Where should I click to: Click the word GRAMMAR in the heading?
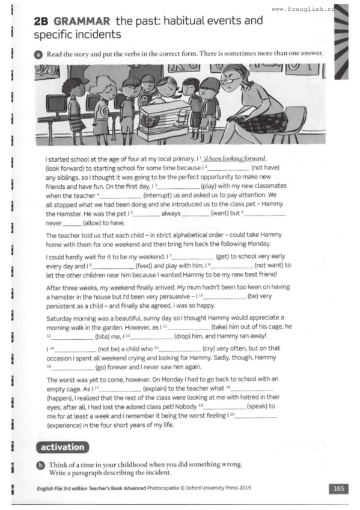click(79, 21)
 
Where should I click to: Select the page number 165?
click(339, 488)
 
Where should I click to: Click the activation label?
click(63, 447)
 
